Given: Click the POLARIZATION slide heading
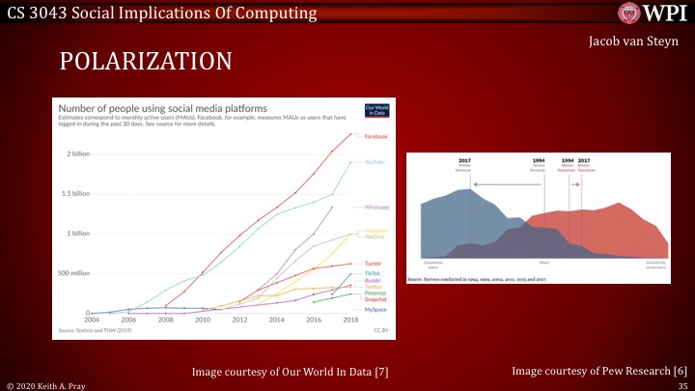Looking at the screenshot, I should (146, 62).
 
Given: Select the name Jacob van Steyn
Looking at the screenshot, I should (634, 42).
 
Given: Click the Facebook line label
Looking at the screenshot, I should (375, 136).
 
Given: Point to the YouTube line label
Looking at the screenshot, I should (374, 162).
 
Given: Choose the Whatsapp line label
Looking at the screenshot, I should (376, 207).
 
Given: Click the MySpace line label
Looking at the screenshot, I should (375, 309).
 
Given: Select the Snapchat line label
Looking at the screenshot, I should (376, 300).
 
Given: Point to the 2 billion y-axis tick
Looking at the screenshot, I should (79, 154).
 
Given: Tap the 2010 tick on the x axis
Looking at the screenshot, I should (204, 319).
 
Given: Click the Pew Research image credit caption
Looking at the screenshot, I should (599, 371).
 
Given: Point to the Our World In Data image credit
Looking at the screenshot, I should (290, 371).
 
